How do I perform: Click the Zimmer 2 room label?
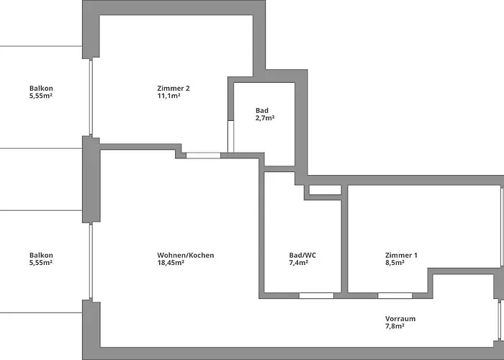(x=174, y=89)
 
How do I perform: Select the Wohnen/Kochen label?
(x=186, y=255)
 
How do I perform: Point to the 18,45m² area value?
(x=171, y=263)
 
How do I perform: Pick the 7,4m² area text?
(x=299, y=263)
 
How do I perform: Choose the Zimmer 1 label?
(x=401, y=255)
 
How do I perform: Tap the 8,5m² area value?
(x=394, y=263)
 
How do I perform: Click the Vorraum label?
(x=400, y=318)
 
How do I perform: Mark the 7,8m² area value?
(x=394, y=326)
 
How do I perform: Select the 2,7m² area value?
(x=264, y=117)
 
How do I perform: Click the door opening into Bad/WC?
(x=316, y=295)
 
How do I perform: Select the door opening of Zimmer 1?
(x=395, y=295)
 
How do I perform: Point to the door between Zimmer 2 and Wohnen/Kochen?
(x=202, y=155)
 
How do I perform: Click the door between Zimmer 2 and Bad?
(x=230, y=136)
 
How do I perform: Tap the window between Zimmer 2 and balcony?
(x=91, y=97)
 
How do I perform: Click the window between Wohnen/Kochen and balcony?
(x=91, y=261)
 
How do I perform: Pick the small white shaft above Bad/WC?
(x=325, y=190)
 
